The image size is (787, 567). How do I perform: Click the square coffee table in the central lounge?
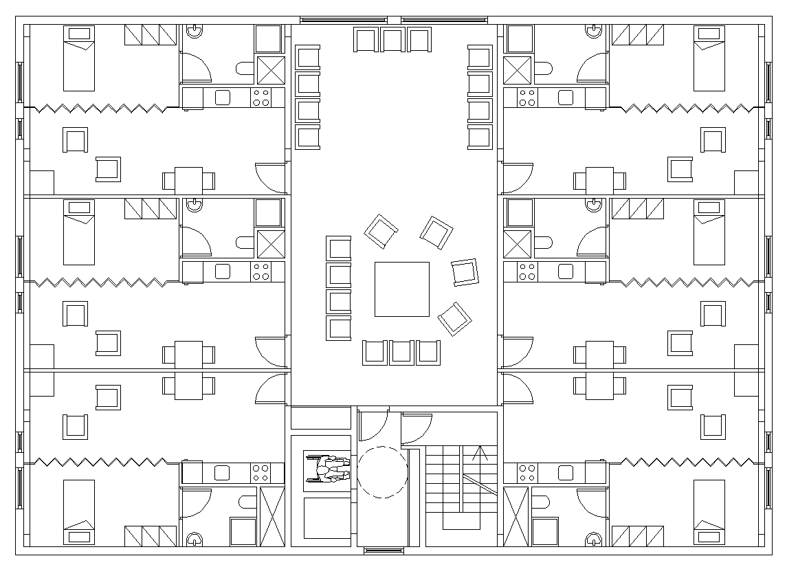coord(401,289)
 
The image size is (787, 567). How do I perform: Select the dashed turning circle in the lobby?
coord(382,471)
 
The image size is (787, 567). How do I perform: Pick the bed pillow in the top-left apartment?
coord(78,34)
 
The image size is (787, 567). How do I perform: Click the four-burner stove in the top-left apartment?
coord(261,98)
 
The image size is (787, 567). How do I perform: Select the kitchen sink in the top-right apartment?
coord(566,98)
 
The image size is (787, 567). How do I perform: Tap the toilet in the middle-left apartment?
coord(245,243)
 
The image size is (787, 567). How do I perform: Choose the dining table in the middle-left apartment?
coord(188,355)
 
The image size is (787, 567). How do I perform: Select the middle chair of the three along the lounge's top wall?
coord(392,39)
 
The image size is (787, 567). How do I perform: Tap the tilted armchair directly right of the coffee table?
coord(465,271)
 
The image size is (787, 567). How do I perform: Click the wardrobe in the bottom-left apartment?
coord(151,536)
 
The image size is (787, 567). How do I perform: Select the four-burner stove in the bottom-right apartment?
coord(527,473)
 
